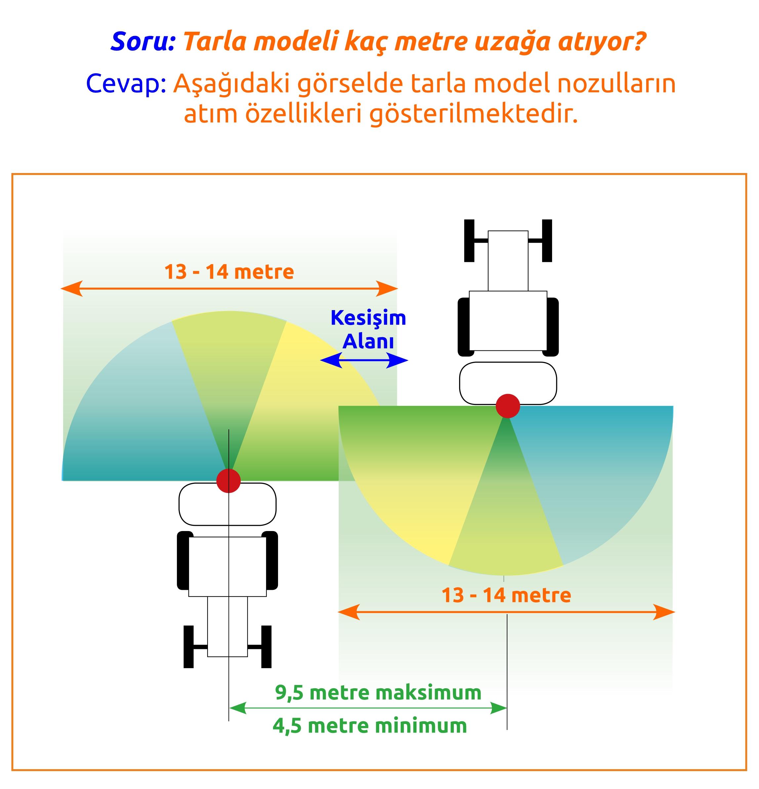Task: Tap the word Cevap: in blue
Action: (x=126, y=84)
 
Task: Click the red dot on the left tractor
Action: (x=228, y=480)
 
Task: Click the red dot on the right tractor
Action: (x=508, y=406)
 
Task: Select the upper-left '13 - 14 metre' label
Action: (x=229, y=272)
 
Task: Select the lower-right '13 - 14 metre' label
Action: (x=506, y=595)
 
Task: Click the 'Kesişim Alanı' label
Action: (x=368, y=330)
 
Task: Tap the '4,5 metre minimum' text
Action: (x=370, y=726)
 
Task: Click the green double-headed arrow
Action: (x=367, y=708)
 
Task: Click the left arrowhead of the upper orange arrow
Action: (x=72, y=289)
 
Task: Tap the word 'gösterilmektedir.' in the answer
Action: (x=474, y=114)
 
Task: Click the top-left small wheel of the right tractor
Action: (x=469, y=240)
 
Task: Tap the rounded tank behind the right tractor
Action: (x=508, y=383)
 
